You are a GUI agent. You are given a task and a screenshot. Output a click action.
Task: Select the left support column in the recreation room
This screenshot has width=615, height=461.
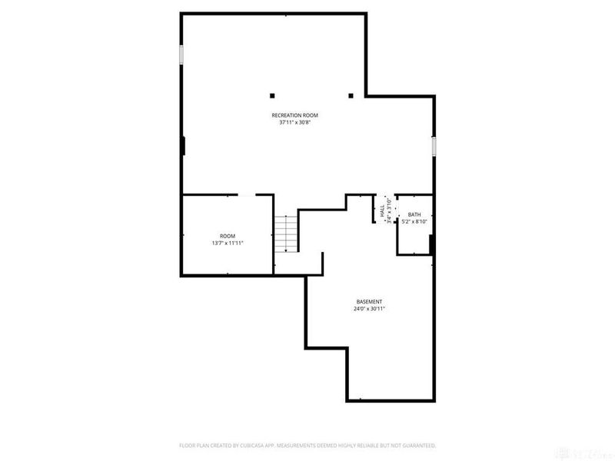point(271,96)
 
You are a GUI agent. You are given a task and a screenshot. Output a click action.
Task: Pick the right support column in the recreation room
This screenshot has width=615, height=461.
point(351,96)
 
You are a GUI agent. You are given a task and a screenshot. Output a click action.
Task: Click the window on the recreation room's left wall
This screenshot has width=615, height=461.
point(182,55)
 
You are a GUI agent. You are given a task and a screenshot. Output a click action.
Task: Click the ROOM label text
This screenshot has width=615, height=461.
point(228,236)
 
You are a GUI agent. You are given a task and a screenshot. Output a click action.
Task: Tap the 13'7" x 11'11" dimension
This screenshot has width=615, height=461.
point(228,243)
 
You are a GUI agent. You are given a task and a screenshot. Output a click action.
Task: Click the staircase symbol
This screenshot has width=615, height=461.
point(286,233)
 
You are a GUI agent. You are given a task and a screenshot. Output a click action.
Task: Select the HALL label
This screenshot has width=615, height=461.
point(383,211)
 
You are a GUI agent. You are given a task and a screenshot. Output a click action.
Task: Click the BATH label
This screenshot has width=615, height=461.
point(414,215)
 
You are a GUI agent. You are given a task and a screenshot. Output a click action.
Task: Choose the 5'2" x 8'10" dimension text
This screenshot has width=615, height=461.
point(414,222)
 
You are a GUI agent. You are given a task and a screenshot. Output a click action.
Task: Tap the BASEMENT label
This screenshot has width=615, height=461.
point(369,301)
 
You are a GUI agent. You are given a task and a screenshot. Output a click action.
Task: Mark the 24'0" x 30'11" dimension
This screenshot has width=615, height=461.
point(369,308)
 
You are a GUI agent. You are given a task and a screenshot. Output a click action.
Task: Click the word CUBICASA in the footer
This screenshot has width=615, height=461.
point(265,445)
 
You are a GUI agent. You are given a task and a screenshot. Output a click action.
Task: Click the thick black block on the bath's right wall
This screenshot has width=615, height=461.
point(432,244)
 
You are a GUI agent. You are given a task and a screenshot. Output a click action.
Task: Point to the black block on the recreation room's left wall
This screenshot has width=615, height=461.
point(183,146)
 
